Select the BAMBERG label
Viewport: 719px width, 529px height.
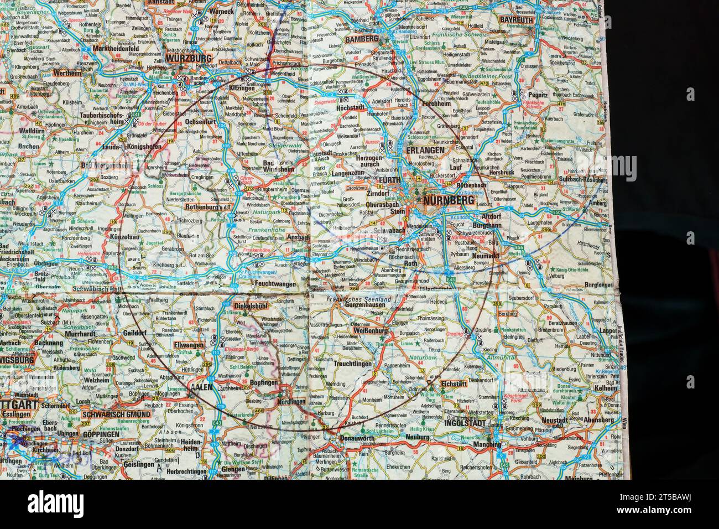[x=361, y=40]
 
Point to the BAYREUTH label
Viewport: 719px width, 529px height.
[x=515, y=19]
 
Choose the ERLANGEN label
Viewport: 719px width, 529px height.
[x=425, y=151]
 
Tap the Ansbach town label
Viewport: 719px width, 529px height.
[x=299, y=237]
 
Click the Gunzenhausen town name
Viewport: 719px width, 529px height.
[x=359, y=305]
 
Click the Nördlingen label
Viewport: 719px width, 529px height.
[x=291, y=401]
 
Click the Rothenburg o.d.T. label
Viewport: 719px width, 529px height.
[x=208, y=207]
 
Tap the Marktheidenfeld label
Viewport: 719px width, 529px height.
[x=111, y=48]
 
